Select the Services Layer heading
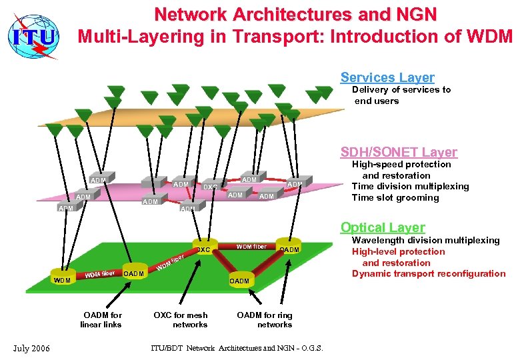(x=387, y=77)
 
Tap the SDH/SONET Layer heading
(x=399, y=152)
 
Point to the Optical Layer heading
(x=383, y=227)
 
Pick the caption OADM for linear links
(x=101, y=320)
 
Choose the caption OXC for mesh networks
(x=181, y=320)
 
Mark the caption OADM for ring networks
(x=265, y=320)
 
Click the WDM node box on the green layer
(x=62, y=280)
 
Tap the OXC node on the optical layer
(x=203, y=250)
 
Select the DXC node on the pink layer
(x=211, y=187)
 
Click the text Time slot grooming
(x=395, y=197)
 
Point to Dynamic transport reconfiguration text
(x=429, y=273)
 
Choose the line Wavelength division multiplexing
(x=425, y=240)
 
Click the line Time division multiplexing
(x=410, y=186)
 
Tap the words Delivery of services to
(x=401, y=89)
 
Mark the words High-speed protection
(x=401, y=164)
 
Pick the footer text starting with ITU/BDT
(x=237, y=347)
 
